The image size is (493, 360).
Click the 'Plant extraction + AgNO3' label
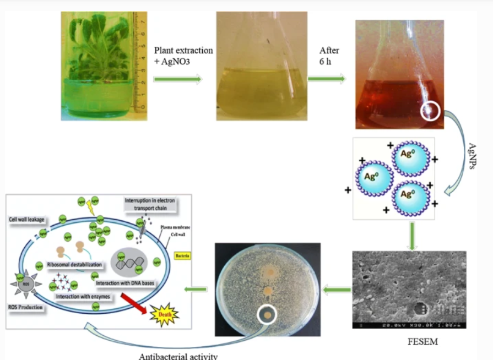click(183, 56)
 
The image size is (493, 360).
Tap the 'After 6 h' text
click(329, 56)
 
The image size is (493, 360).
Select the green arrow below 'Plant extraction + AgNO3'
click(177, 79)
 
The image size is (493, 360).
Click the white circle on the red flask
click(431, 111)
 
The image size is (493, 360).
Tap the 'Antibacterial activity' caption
click(178, 356)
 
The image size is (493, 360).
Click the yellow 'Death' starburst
click(164, 315)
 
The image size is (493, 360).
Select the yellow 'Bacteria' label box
click(182, 256)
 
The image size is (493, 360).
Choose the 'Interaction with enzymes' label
click(82, 297)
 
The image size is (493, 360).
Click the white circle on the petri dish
click(267, 315)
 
